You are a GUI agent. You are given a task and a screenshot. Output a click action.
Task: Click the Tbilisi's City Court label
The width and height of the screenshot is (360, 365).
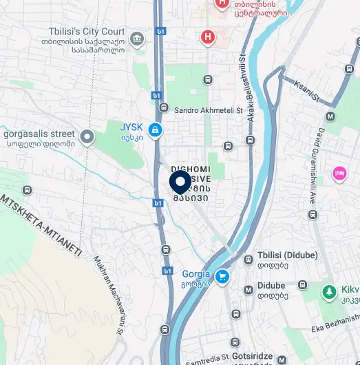(87, 31)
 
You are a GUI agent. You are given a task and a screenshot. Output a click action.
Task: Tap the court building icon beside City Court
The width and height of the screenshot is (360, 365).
(137, 36)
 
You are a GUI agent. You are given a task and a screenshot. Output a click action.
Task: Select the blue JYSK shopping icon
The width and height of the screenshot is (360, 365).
(156, 129)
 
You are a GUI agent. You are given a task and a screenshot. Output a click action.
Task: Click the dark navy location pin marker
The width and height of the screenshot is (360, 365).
(180, 182)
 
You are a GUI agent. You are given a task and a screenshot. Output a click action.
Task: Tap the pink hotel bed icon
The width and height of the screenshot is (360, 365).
(338, 172)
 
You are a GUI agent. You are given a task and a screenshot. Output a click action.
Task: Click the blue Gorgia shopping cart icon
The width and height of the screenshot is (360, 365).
(222, 277)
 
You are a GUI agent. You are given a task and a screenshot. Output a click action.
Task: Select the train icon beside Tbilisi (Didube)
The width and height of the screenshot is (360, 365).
(248, 260)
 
